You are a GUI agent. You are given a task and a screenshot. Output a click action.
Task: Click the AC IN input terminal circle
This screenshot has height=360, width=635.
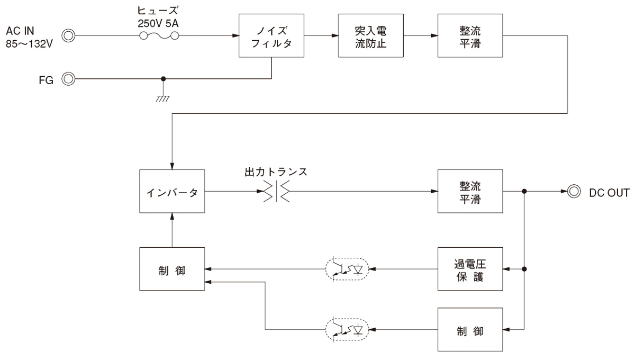pos(68,36)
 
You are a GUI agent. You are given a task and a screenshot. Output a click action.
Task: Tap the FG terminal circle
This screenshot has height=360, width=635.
pos(68,79)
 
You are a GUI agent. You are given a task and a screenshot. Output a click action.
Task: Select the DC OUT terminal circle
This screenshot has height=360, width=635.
pos(573,192)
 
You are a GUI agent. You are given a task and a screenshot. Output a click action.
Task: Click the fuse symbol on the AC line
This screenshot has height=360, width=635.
pos(158,36)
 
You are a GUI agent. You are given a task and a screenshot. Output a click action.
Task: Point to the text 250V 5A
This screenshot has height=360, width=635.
pos(158,22)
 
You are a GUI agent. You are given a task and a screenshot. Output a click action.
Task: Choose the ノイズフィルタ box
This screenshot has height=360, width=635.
pos(272,36)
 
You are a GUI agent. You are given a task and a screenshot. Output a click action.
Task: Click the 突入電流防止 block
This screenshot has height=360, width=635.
pos(371,36)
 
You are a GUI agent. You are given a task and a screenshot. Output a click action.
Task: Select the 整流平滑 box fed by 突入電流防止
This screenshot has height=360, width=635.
pos(470,36)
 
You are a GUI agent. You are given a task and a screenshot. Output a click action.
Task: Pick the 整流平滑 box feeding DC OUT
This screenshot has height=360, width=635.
pos(470,192)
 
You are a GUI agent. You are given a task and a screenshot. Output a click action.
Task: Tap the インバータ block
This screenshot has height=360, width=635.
pos(172,192)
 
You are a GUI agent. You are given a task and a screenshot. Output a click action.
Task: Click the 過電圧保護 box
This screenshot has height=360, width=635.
pos(470,269)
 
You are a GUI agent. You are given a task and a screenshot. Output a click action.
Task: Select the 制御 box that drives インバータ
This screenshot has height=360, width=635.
pos(172,269)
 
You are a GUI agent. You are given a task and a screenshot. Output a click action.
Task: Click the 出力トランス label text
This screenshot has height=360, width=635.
pos(276,172)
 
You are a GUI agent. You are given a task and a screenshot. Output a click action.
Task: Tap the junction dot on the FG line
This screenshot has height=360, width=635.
pos(164,79)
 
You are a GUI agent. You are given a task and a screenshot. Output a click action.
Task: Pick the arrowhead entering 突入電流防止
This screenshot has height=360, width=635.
pos(335,36)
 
